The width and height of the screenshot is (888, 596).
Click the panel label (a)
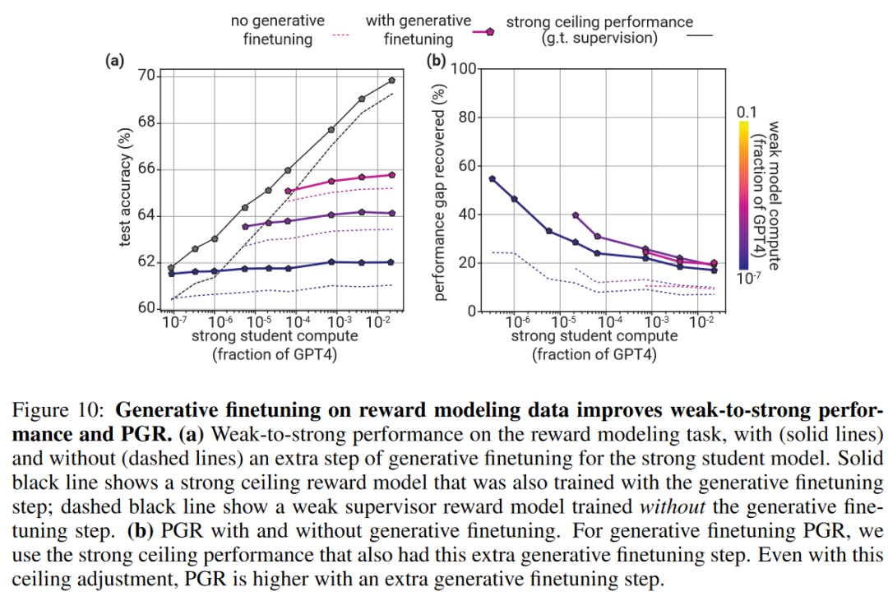(114, 60)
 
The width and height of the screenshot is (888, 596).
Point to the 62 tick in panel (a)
(148, 262)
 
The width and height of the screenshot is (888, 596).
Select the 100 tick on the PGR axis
(465, 68)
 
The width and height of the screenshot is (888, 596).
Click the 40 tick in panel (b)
(469, 215)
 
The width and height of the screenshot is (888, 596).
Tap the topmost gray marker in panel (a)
(392, 81)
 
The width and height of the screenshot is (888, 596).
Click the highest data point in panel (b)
(493, 178)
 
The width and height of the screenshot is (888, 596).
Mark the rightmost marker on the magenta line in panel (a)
(392, 175)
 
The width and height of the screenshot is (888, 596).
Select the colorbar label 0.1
(746, 111)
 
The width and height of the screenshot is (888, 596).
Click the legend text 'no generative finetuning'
(277, 30)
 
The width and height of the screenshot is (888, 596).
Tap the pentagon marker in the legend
(490, 31)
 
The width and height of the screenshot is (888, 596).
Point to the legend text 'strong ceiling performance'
(599, 22)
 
